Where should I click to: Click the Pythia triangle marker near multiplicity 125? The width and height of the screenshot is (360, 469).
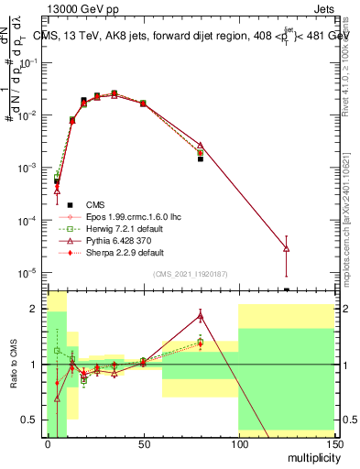(x=286, y=248)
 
